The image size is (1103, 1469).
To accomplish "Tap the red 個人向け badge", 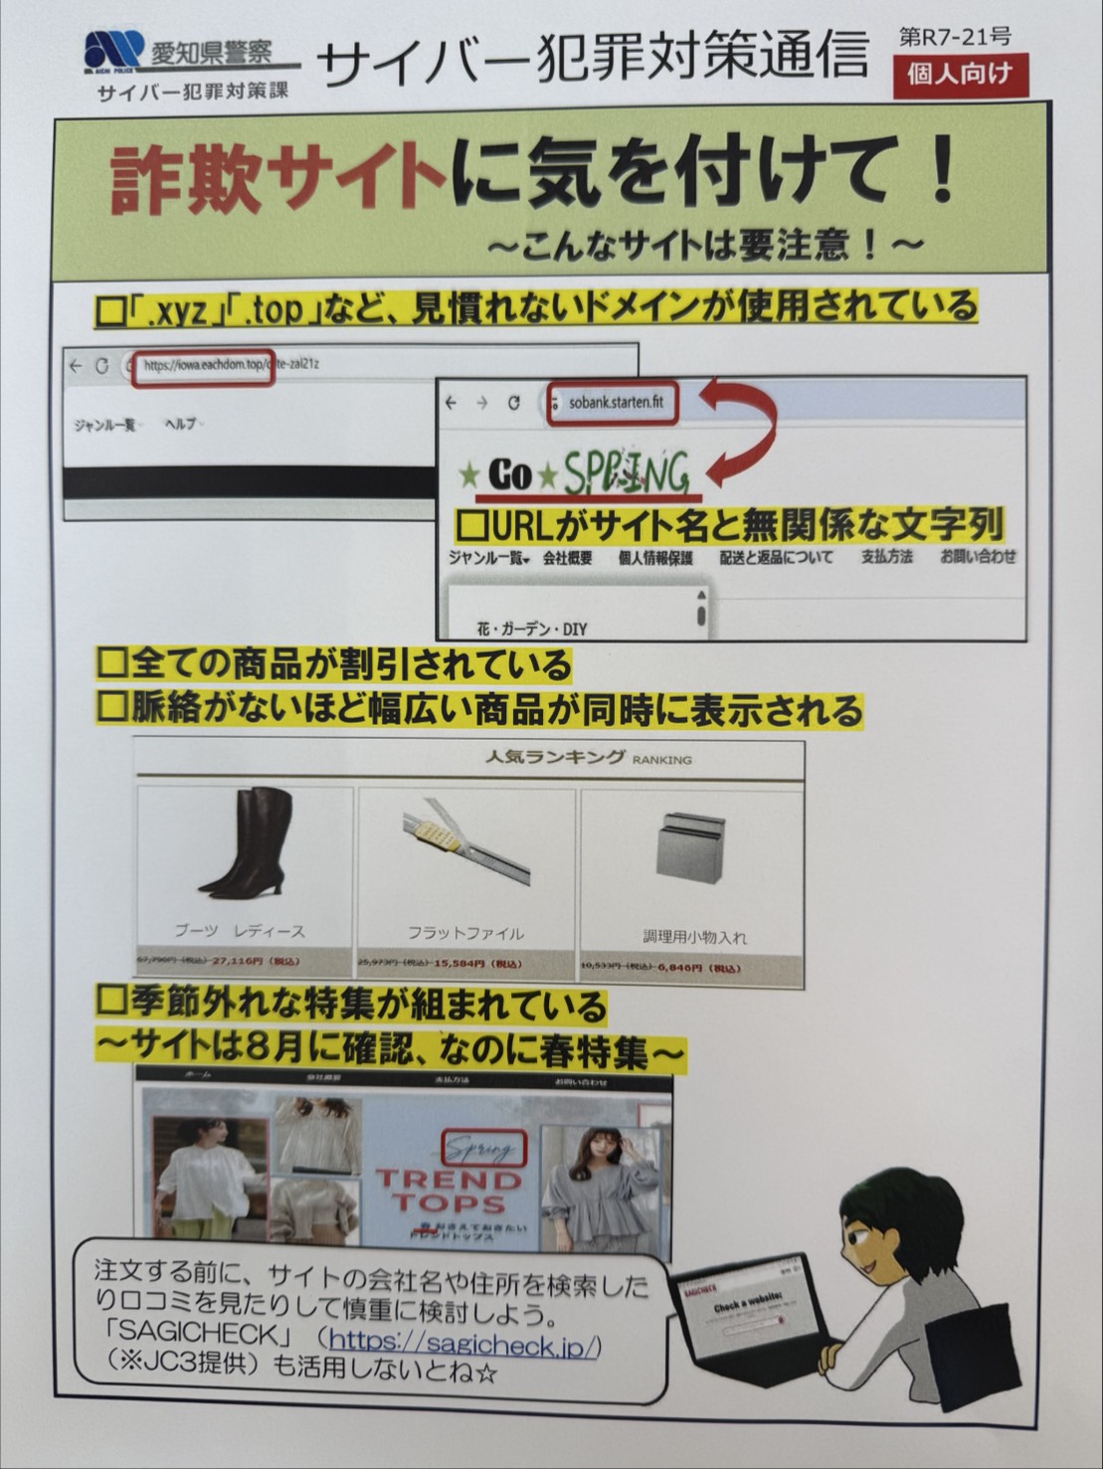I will [959, 75].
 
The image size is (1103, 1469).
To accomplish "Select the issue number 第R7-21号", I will [955, 37].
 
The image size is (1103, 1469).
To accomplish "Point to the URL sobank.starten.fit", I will [615, 403].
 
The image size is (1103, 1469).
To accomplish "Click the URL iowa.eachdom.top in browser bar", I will [204, 365].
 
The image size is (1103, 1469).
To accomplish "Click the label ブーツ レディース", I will [240, 931].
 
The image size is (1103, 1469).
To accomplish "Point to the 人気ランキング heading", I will [555, 757].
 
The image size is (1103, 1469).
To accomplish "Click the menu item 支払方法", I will [886, 557].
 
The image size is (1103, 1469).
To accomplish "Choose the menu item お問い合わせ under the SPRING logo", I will [978, 557].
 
